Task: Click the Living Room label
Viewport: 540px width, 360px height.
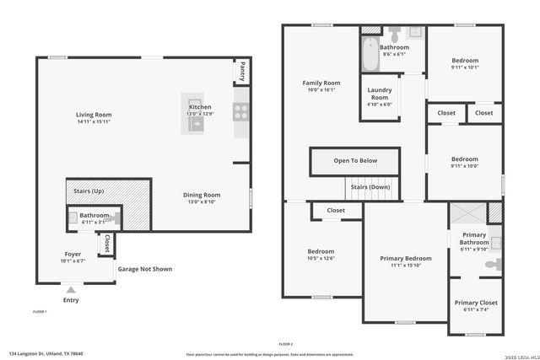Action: (94, 115)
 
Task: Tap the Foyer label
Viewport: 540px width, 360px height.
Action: (73, 254)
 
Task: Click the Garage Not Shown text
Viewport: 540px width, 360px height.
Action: (145, 269)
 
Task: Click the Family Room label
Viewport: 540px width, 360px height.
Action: (321, 83)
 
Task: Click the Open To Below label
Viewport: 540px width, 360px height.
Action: (355, 160)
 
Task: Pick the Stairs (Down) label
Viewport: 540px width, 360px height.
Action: (370, 186)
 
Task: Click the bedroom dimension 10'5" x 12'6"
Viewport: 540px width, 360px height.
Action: (321, 258)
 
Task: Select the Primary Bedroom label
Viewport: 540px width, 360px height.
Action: (405, 258)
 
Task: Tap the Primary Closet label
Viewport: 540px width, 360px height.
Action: (476, 303)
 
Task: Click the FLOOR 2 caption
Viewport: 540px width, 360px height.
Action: (285, 344)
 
